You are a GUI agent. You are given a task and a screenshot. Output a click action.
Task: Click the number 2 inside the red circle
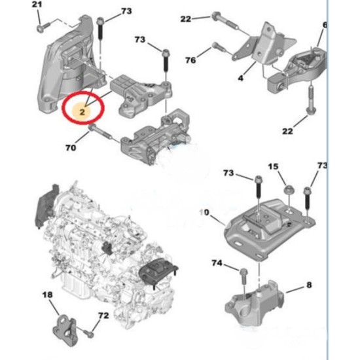coord(82,112)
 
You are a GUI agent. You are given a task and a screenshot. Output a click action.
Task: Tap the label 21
coord(37,6)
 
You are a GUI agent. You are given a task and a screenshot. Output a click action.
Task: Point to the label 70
coord(71,148)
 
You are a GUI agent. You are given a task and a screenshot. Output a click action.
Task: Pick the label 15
coord(274,168)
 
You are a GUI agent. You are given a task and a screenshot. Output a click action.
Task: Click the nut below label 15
coord(287,190)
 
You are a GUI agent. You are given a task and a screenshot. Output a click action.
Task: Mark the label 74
coord(217,263)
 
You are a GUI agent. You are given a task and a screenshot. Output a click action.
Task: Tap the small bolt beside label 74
coord(243,272)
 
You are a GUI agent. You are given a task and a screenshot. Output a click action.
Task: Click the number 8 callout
coord(308,286)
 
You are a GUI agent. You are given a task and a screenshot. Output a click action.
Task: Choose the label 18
coord(47,296)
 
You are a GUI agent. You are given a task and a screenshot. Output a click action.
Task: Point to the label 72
coord(103,315)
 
